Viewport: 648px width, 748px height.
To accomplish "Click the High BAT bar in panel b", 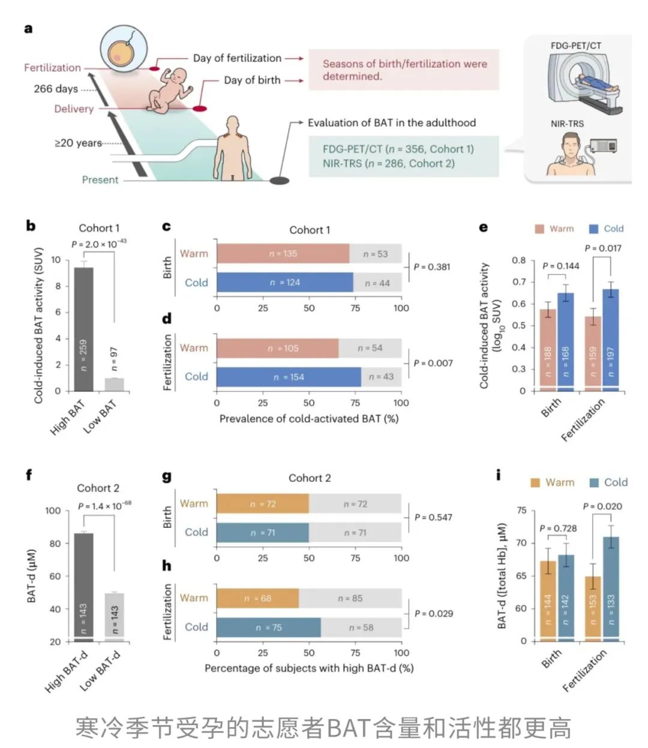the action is coord(83,329).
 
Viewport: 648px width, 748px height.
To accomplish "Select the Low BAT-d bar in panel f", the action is coord(115,618).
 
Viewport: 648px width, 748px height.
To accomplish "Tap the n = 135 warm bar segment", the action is coord(283,253).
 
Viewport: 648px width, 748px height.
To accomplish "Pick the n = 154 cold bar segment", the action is coord(289,377).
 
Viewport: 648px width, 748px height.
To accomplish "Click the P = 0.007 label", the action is coord(433,363).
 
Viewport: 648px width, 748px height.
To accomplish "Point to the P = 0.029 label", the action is coord(434,614).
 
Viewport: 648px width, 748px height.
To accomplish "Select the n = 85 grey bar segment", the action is coord(350,598).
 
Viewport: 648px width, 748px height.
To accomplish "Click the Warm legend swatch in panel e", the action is coord(539,229).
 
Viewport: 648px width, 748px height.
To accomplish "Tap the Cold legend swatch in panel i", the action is coord(594,482).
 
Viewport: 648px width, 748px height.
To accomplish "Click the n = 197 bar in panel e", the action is coord(611,340).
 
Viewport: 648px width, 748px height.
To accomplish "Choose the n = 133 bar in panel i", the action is coord(611,589).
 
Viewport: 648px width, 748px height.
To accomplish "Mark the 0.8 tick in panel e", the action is coord(518,260).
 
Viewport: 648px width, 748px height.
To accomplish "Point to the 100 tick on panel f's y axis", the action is coord(53,510).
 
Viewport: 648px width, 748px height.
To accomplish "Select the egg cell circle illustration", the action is coord(124,49).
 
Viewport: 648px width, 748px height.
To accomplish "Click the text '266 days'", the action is coord(56,89).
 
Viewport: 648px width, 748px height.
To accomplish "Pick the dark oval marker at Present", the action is coord(279,180).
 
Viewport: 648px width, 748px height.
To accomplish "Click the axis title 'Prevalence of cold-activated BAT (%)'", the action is coord(309,419).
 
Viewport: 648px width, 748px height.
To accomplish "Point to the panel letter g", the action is coord(167,477).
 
